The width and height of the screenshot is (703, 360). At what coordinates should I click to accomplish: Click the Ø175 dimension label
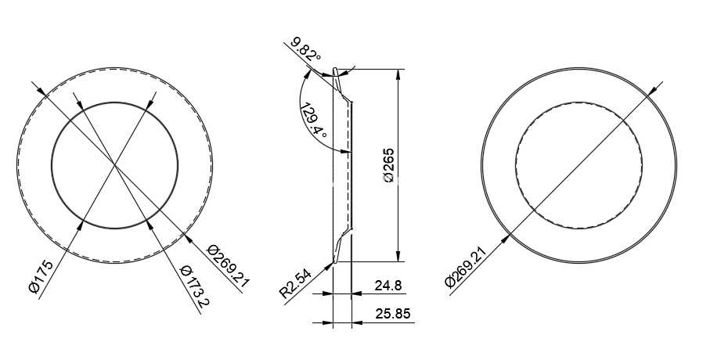click(x=41, y=276)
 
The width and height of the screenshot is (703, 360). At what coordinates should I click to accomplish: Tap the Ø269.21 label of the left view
click(x=229, y=266)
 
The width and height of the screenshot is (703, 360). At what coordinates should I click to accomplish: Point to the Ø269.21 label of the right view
click(x=466, y=267)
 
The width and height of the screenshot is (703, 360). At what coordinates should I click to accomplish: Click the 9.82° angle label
click(x=306, y=49)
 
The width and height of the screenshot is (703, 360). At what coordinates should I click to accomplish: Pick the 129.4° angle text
click(x=313, y=121)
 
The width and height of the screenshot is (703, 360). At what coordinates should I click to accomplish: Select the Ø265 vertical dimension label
click(x=389, y=165)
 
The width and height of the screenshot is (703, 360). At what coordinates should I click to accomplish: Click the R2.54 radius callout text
click(x=295, y=283)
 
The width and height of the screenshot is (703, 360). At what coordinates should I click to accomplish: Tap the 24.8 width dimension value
click(x=388, y=286)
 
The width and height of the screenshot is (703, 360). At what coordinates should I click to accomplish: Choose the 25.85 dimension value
click(x=393, y=314)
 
